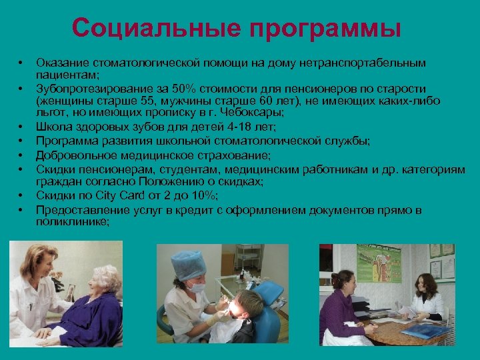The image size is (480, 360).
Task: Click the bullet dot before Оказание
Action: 21,63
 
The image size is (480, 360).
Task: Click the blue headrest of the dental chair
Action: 269,294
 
